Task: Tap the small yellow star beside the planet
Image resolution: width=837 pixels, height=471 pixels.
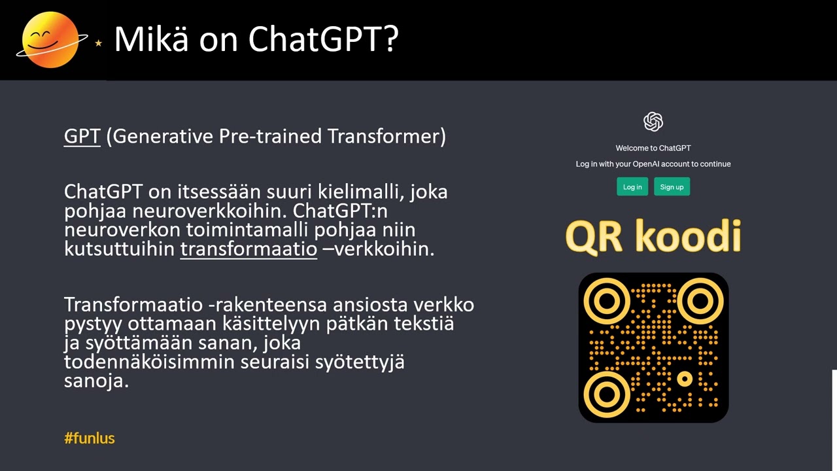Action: click(x=99, y=43)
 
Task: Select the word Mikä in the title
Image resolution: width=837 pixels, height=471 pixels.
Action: click(x=151, y=40)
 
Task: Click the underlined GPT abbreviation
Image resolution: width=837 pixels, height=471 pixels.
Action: click(x=82, y=136)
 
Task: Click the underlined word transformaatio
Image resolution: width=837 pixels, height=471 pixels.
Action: click(x=248, y=249)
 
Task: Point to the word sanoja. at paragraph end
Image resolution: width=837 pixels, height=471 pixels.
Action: click(x=96, y=381)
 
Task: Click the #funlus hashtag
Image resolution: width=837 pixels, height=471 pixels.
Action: click(x=90, y=438)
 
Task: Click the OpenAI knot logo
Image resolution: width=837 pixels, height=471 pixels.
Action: click(x=653, y=122)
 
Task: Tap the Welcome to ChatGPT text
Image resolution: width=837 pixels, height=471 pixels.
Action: click(x=653, y=148)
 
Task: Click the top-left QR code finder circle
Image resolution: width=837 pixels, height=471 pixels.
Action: click(x=606, y=301)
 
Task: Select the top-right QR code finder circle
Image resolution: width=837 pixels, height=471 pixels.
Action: click(x=700, y=301)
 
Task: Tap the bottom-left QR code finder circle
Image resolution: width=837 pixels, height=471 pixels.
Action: click(x=606, y=394)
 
